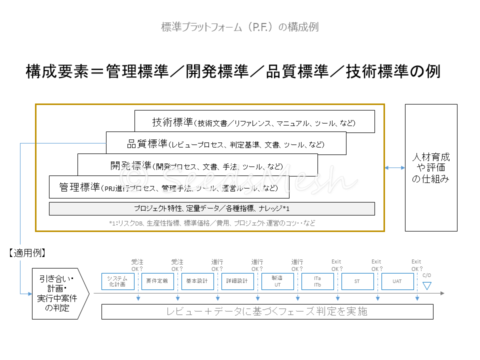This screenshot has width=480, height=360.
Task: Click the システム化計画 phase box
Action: (117, 281)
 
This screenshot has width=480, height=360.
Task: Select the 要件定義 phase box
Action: (157, 281)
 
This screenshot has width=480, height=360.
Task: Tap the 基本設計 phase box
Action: (197, 281)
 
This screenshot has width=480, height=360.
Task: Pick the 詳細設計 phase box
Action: (237, 281)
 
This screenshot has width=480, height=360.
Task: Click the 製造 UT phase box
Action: (277, 281)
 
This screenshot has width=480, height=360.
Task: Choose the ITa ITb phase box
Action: (317, 281)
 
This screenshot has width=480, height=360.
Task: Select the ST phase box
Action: (357, 281)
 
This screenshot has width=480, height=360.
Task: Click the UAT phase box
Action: (397, 281)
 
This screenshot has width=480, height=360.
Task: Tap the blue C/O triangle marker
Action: (426, 285)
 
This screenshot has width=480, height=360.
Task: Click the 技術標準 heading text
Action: (172, 122)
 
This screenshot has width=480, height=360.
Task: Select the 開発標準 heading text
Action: (131, 165)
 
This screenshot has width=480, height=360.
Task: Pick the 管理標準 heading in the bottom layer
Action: (79, 187)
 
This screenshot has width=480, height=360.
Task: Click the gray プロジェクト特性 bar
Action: (211, 208)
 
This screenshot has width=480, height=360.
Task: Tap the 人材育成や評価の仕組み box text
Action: (430, 168)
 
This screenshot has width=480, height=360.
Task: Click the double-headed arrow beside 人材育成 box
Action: (394, 168)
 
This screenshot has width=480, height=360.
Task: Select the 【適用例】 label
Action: (28, 253)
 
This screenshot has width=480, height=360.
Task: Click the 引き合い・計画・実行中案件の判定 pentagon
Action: (59, 293)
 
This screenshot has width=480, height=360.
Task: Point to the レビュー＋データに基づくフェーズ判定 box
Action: (267, 311)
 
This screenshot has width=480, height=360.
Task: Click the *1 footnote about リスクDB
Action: (212, 223)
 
